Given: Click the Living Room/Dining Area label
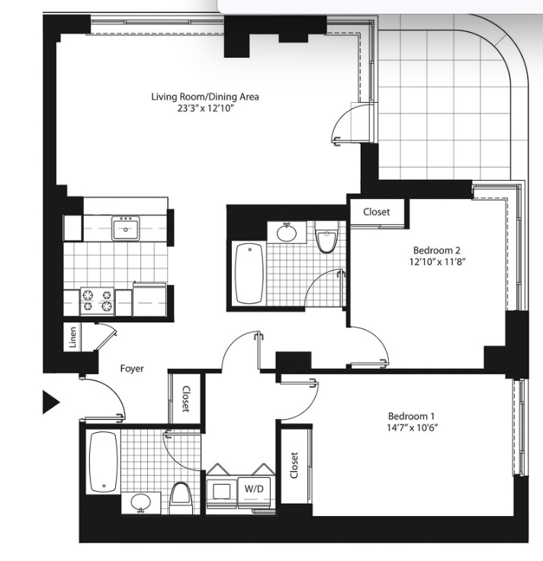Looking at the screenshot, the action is coord(204,97).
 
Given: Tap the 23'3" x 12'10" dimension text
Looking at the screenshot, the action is coord(205,108).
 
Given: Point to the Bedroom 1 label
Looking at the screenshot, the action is coord(411,416).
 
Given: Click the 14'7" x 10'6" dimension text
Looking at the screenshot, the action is coord(413,428).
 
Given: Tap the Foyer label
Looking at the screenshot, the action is coord(132,368).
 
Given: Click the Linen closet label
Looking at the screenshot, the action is coord(72,337).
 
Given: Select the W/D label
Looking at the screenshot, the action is coord(254,489).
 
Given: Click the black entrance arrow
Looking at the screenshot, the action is coord(51,402).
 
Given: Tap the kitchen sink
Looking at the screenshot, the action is coord(126,228).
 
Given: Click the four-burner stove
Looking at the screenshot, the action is coord(98,301).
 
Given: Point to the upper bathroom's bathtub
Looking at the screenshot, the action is coord(249,274).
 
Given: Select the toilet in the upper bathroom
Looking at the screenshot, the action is coord(326,236).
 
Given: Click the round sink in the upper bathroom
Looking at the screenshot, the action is coord(287,232).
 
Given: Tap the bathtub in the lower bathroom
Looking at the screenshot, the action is coord(104,462).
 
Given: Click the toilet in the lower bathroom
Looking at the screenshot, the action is coord(181,498).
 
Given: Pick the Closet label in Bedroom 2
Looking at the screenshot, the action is coord(376,212).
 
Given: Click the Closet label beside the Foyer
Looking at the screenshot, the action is coord(186,399).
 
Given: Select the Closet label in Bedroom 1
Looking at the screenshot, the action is coord(294,465).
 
